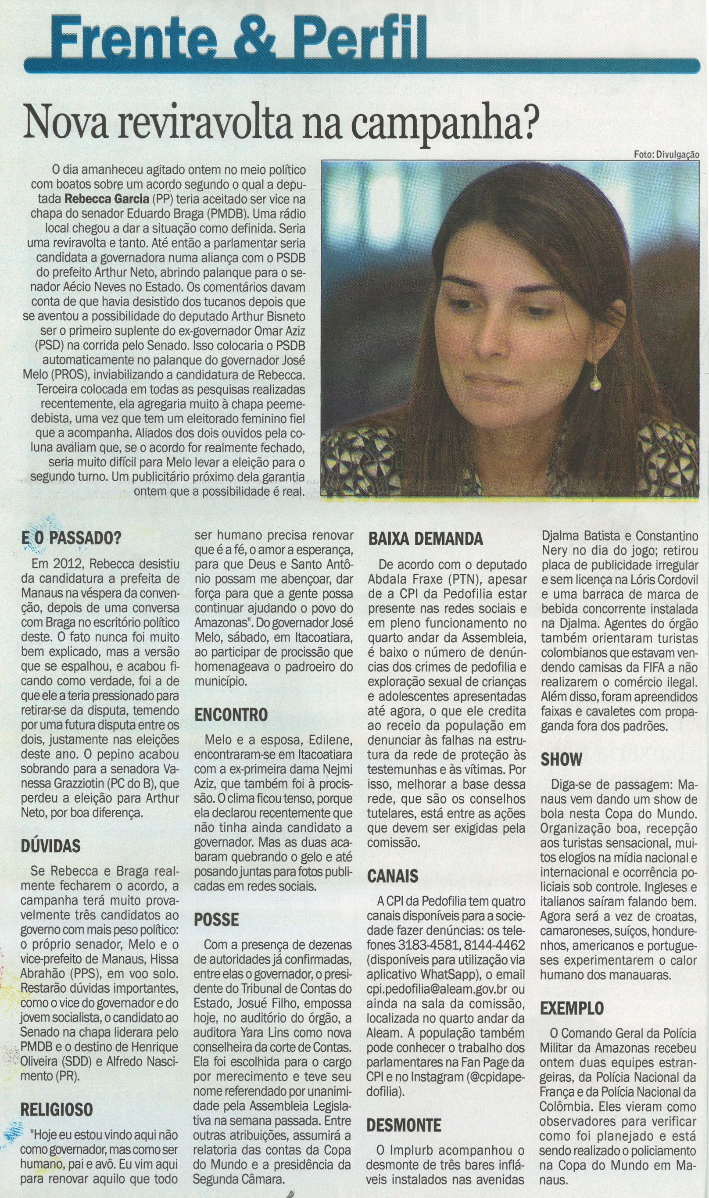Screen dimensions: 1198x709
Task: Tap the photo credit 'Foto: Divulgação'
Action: coord(666,154)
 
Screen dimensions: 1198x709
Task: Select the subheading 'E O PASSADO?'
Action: coord(71,538)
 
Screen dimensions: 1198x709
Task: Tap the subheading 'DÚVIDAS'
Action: coord(50,846)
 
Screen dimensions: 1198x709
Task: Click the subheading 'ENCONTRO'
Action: coord(231,715)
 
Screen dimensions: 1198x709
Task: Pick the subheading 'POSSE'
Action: coord(216,919)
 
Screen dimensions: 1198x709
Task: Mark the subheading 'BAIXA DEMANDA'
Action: coord(425,539)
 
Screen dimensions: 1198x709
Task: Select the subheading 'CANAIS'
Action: coord(393,876)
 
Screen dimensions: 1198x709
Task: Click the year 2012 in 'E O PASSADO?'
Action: coord(59,564)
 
